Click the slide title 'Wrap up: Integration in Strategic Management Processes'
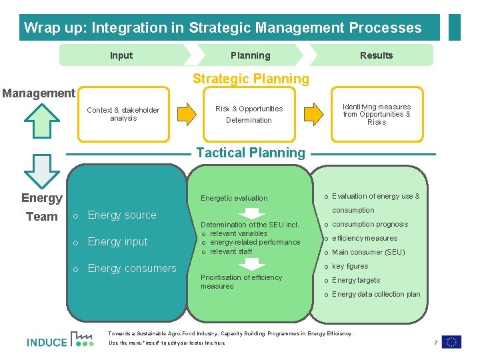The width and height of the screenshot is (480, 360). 223,28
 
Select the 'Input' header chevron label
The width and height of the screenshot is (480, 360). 121,55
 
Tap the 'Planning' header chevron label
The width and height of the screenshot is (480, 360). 250,55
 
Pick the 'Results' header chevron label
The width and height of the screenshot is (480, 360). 376,55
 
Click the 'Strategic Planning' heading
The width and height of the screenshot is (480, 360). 251,79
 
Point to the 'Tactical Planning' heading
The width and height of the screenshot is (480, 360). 251,153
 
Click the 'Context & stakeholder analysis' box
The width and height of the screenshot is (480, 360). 123,115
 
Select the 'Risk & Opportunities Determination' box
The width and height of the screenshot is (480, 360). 249,115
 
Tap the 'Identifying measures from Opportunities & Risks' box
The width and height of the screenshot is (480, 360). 377,114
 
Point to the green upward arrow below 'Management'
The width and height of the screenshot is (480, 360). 41,119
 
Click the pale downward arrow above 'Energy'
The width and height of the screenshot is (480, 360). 41,171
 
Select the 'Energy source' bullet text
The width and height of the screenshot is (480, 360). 122,215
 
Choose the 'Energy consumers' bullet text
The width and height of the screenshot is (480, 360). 132,269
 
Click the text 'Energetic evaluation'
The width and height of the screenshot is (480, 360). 234,198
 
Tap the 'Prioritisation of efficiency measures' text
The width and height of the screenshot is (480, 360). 241,282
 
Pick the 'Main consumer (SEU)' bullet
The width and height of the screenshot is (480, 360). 368,252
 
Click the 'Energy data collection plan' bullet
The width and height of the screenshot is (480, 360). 376,294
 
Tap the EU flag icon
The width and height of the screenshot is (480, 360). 451,342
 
